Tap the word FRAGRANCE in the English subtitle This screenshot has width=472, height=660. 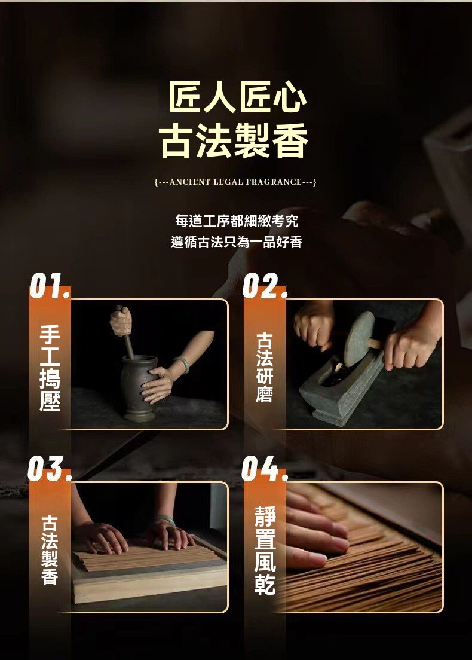click(273, 182)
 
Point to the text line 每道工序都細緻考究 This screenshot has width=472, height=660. click(236, 221)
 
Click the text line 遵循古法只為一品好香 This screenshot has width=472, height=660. click(236, 243)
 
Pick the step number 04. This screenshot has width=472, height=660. click(264, 469)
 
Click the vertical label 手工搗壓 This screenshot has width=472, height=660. click(50, 367)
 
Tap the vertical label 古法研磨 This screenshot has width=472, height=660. click(264, 367)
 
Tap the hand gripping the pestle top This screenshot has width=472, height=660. click(121, 321)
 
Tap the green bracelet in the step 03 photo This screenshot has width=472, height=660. click(167, 520)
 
